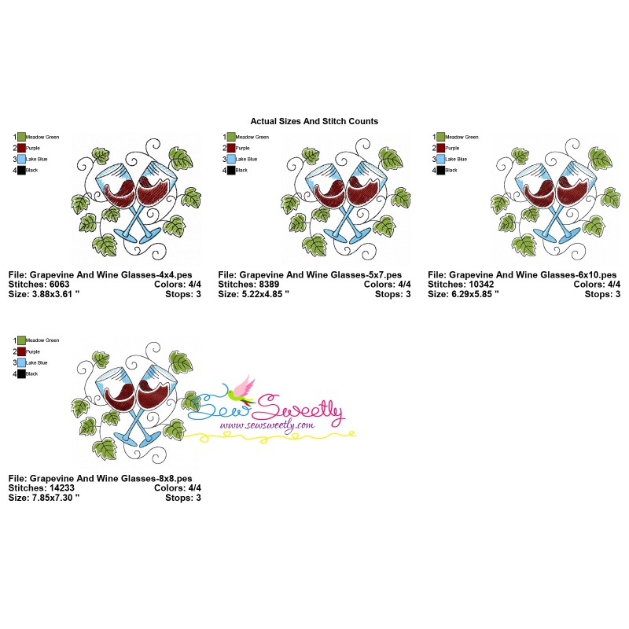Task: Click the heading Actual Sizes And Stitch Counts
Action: [x=314, y=121]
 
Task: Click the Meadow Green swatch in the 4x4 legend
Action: [x=21, y=137]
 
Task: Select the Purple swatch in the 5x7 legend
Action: [x=231, y=148]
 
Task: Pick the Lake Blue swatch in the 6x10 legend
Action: [x=441, y=159]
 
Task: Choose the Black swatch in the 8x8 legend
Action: [x=21, y=373]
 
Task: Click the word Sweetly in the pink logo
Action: [x=303, y=408]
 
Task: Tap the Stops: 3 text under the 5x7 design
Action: [x=392, y=294]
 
